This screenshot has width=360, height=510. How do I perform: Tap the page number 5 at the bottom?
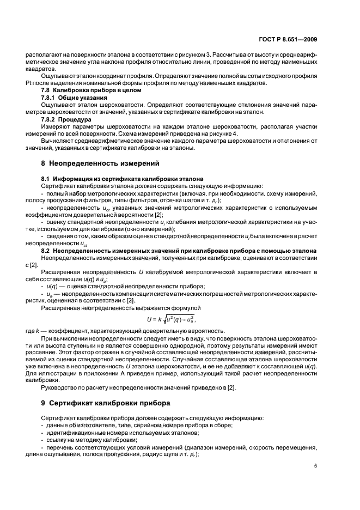pos(315,466)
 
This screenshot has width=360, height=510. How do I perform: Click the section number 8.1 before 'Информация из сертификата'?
pos(46,179)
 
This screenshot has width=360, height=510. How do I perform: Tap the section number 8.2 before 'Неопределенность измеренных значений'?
pos(46,250)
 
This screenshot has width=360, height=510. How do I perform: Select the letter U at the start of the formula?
pos(149,319)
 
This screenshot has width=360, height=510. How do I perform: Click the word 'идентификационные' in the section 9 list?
pos(74,432)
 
